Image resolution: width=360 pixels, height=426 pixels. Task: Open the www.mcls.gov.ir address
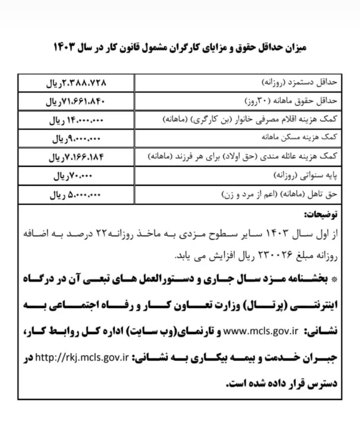point(261,331)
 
